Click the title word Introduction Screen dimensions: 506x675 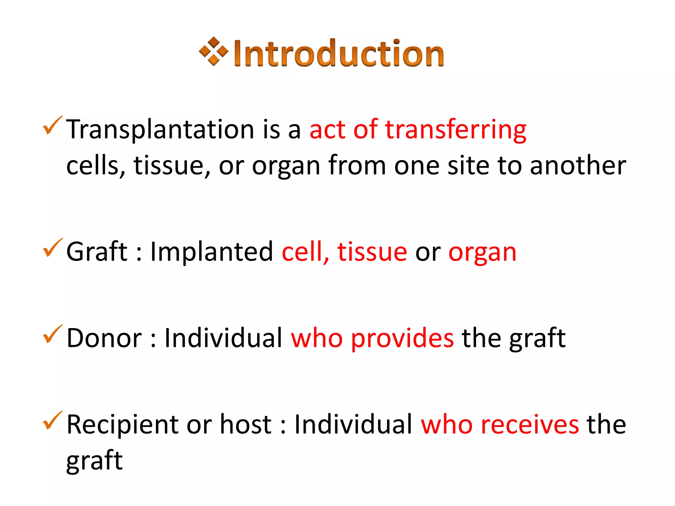click(339, 54)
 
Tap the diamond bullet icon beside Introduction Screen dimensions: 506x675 click(214, 51)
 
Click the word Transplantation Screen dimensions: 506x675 click(160, 130)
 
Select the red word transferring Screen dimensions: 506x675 click(456, 130)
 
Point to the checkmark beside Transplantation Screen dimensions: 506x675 click(52, 126)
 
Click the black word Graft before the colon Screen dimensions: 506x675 click(97, 252)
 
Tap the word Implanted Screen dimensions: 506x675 click(211, 252)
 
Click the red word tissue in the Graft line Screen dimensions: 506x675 click(372, 252)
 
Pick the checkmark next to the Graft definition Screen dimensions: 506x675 click(52, 248)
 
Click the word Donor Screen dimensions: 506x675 click(104, 338)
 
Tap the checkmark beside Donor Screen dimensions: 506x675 click(52, 334)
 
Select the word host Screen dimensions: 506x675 click(246, 424)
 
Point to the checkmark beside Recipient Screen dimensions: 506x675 click(52, 421)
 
